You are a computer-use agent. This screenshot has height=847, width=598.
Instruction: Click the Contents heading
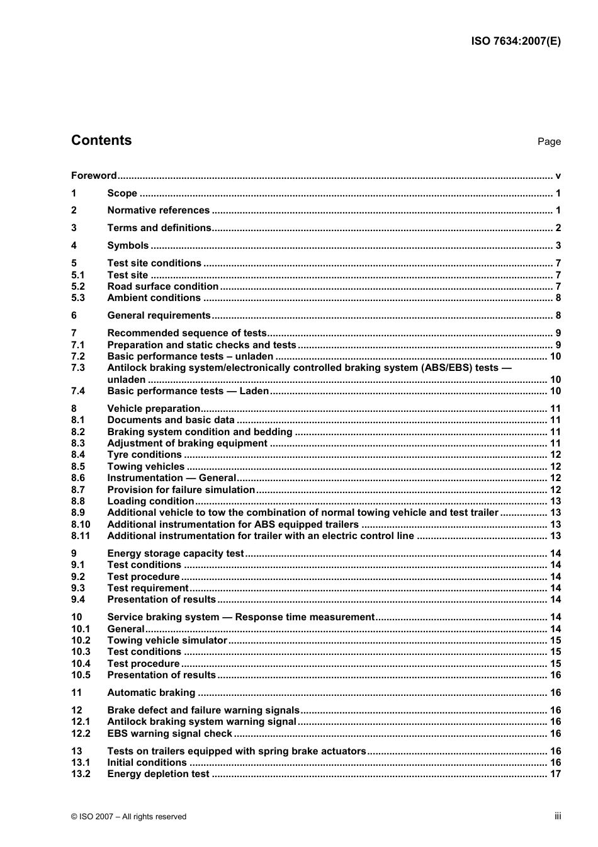pos(101,140)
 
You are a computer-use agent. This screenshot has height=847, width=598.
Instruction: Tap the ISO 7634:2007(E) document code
pos(516,42)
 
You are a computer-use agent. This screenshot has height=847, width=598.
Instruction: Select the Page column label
pos(548,142)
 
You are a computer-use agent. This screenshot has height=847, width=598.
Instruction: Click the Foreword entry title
pos(94,176)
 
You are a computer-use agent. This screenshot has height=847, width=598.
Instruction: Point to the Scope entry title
pos(122,193)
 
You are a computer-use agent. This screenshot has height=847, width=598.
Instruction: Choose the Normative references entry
pos(158,210)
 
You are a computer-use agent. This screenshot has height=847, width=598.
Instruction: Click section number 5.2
pos(78,287)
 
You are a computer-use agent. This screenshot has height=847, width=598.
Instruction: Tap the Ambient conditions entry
pos(154,298)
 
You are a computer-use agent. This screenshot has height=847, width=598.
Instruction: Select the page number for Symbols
pos(558,246)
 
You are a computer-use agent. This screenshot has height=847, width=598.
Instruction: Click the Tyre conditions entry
pos(144,455)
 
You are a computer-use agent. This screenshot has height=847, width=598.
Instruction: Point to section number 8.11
pos(81,536)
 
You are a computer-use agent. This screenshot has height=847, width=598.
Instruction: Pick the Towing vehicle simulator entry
pos(167,640)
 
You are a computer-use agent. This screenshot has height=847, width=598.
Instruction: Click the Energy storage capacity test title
pos(175,554)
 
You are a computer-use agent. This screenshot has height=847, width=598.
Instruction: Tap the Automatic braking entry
pos(151,693)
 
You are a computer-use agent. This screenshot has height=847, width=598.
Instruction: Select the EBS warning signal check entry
pos(170,734)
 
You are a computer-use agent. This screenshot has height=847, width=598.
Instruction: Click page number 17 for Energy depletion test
pos(555,774)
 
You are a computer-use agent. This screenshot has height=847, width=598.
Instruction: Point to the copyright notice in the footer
pos(129,817)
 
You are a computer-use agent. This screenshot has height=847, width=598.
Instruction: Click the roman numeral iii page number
pos(558,816)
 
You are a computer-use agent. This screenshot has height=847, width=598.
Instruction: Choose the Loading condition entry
pos(150,501)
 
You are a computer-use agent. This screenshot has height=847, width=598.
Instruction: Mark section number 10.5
pos(81,675)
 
